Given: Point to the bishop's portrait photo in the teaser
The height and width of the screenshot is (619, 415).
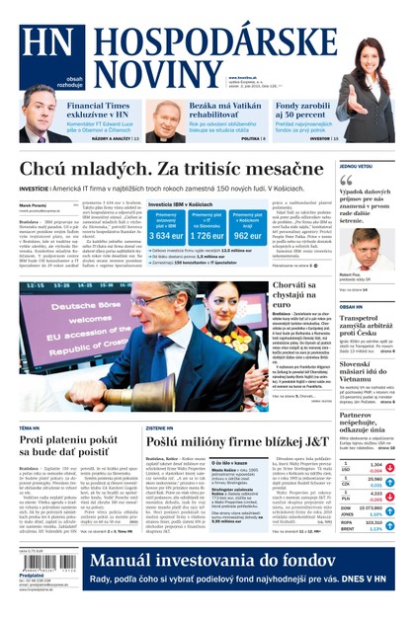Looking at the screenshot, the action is coord(166,120).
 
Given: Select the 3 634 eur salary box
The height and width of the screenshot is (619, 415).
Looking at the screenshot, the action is coord(165,227).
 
